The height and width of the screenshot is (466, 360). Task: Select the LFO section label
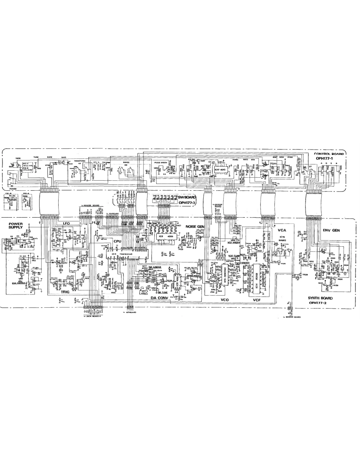[66, 223]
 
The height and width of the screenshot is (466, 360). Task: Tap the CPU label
[117, 240]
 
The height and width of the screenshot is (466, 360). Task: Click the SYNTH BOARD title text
[321, 298]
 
